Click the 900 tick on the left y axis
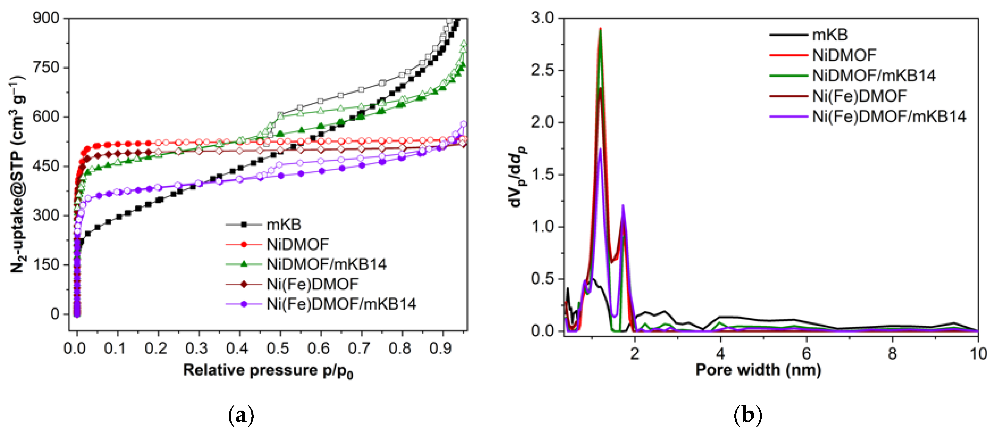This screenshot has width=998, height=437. pyautogui.click(x=45, y=18)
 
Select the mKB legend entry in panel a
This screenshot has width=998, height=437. pyautogui.click(x=283, y=225)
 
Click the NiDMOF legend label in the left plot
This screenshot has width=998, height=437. pyautogui.click(x=298, y=244)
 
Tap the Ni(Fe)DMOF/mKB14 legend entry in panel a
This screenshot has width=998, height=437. pyautogui.click(x=341, y=304)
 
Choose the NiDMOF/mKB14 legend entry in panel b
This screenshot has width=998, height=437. pyautogui.click(x=874, y=76)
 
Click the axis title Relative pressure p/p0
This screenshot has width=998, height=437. pyautogui.click(x=268, y=371)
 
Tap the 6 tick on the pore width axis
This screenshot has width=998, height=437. pyautogui.click(x=806, y=354)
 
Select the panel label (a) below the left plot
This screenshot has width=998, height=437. pyautogui.click(x=241, y=416)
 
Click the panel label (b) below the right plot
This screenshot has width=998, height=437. pyautogui.click(x=748, y=416)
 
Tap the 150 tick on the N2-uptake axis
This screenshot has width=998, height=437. pyautogui.click(x=45, y=265)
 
